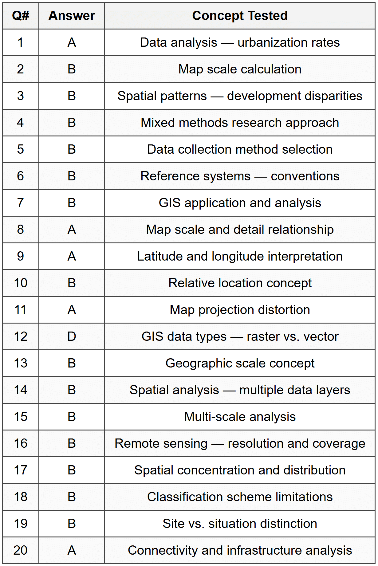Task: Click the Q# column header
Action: [20, 16]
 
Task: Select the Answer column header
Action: [72, 16]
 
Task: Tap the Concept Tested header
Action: [240, 16]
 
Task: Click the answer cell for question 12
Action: [72, 336]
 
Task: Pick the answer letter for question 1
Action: [72, 42]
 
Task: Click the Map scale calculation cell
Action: [240, 69]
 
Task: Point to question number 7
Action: [20, 203]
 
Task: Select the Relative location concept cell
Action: [240, 283]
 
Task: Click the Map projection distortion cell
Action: [240, 310]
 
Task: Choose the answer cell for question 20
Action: [72, 550]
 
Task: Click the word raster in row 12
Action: [263, 336]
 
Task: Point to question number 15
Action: [20, 417]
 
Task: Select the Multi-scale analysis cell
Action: [240, 417]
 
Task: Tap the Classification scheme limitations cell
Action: [240, 497]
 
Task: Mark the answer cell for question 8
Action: [72, 230]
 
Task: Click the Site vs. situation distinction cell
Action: [240, 524]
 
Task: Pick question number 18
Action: [20, 497]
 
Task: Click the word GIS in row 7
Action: [169, 203]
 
